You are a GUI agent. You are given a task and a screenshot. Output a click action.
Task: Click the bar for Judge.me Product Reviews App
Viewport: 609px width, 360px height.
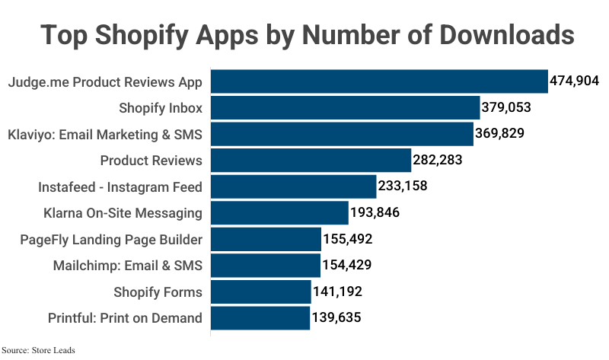click(x=379, y=81)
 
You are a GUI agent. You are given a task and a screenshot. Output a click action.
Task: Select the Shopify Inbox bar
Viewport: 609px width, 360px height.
click(x=345, y=108)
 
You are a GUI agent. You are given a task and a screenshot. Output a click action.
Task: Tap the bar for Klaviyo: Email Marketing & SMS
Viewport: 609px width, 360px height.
click(x=342, y=134)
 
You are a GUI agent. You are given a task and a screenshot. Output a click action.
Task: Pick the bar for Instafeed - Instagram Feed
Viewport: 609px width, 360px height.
click(x=293, y=186)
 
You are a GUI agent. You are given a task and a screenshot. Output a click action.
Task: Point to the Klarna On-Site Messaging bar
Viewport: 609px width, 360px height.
click(x=279, y=213)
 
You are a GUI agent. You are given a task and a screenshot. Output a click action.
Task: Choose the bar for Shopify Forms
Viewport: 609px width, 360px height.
click(x=260, y=292)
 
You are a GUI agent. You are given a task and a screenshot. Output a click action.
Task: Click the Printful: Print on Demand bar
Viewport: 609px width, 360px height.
click(x=260, y=318)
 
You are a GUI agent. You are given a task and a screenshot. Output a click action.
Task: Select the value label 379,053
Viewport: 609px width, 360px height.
click(x=506, y=108)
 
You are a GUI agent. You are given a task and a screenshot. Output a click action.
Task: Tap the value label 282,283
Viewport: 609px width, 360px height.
click(x=438, y=161)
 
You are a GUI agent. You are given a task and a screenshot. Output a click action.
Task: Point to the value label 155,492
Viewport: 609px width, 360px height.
click(x=347, y=240)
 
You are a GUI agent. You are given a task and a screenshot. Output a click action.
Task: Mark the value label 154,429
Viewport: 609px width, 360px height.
click(x=346, y=266)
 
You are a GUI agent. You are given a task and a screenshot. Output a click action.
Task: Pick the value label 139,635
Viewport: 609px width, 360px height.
click(x=336, y=318)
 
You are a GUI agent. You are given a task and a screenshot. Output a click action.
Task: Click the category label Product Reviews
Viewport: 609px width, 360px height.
click(x=151, y=161)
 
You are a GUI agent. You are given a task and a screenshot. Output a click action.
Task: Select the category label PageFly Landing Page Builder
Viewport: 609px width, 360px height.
click(x=111, y=240)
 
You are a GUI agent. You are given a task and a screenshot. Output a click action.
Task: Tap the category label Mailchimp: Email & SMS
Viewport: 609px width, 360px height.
click(x=128, y=266)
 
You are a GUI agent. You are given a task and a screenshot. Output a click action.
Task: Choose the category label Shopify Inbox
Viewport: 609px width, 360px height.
click(x=160, y=108)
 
